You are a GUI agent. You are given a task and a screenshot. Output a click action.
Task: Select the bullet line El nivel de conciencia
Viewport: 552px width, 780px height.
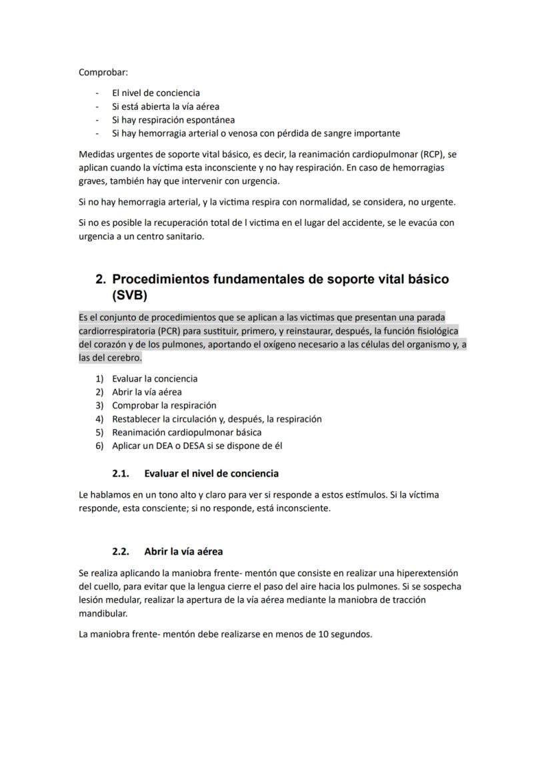coord(155,93)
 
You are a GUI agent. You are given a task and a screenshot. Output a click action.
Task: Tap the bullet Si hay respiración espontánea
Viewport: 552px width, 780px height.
coord(173,120)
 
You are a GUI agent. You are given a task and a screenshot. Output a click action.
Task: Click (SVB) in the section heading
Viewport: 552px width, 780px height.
coord(130,294)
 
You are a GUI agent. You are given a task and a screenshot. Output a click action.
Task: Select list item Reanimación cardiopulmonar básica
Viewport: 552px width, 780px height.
coord(187,432)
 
